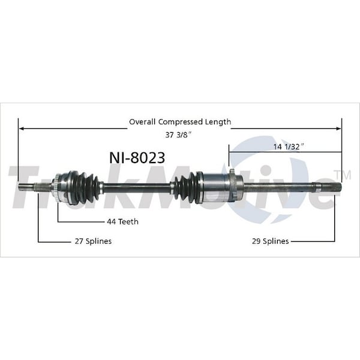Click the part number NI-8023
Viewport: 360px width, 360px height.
point(137,157)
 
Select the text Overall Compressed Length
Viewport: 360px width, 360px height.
point(180,122)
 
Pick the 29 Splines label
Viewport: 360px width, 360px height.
point(270,241)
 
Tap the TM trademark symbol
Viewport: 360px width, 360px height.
point(346,174)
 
